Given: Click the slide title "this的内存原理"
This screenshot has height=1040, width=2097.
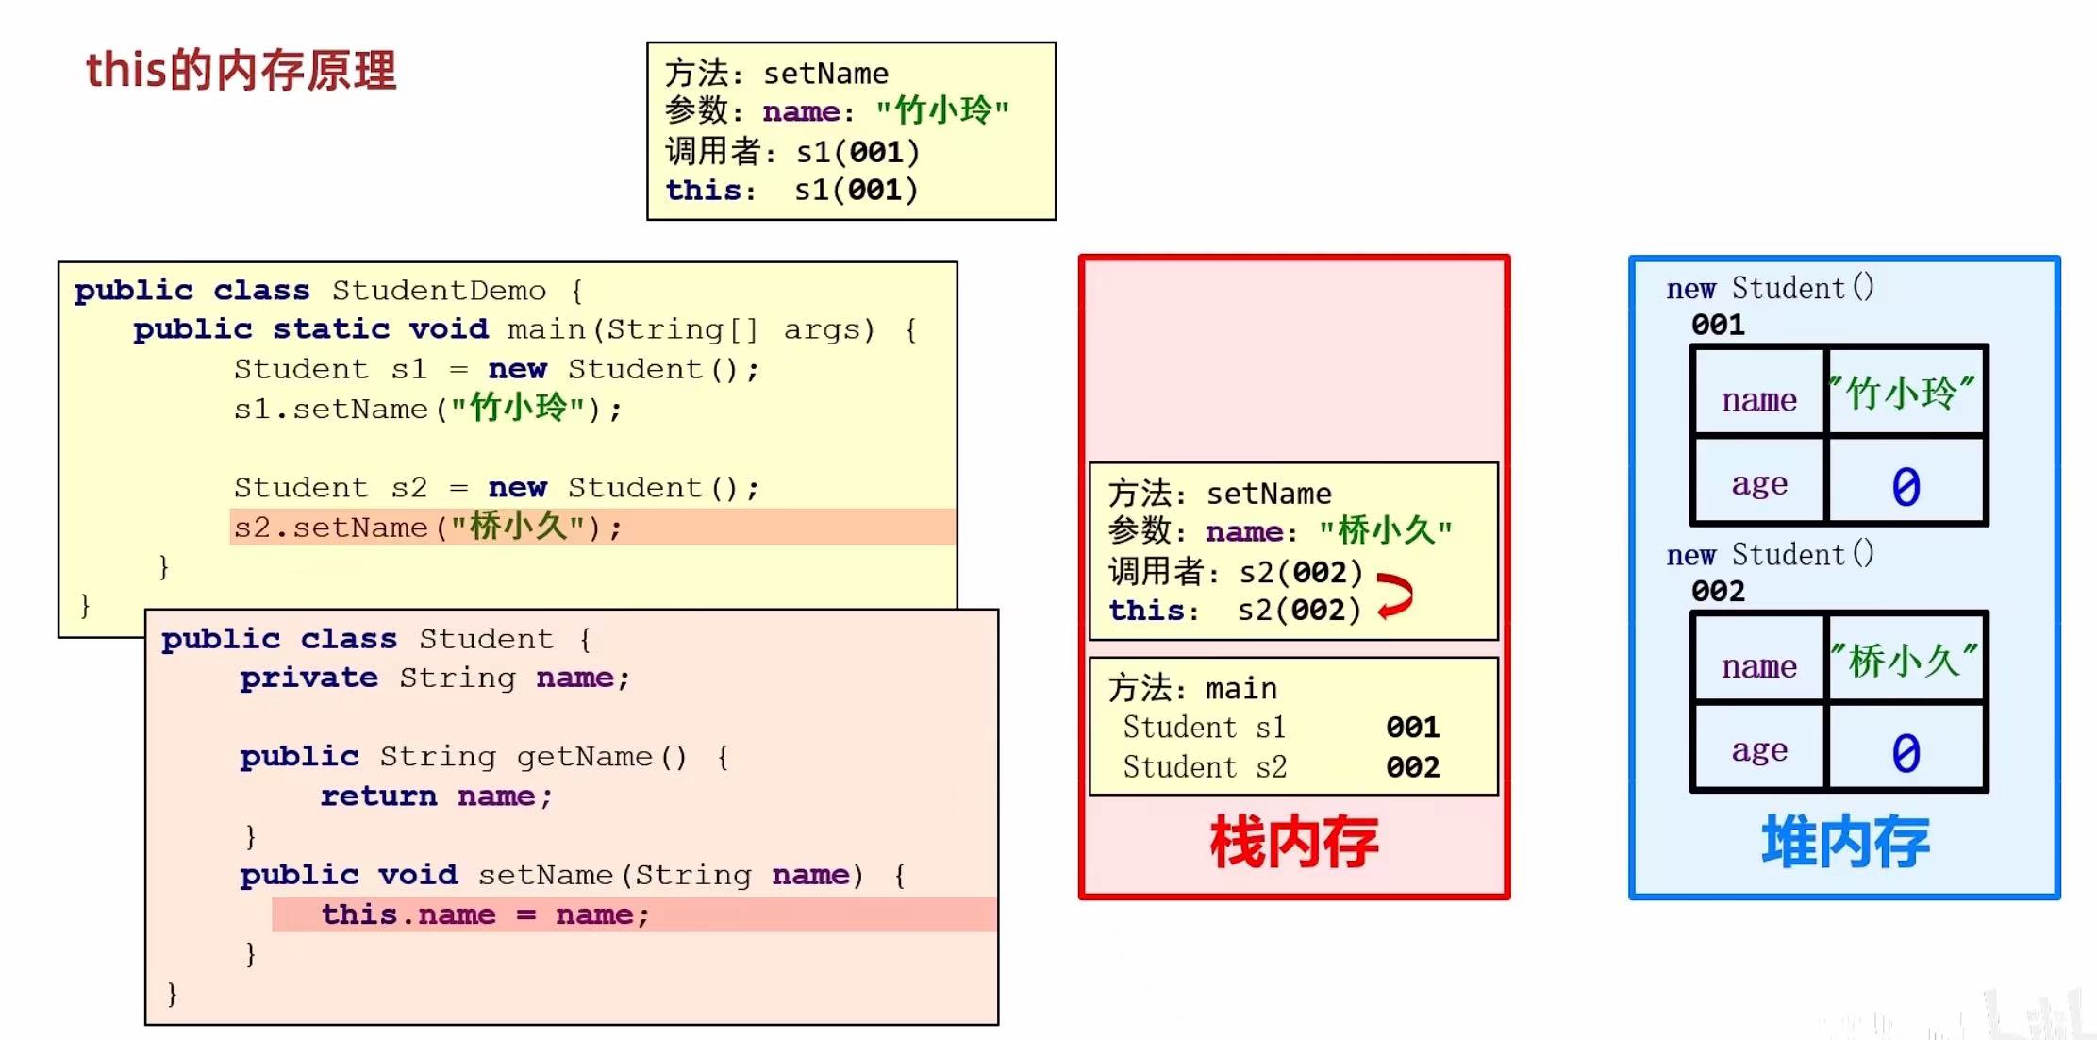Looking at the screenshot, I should [241, 71].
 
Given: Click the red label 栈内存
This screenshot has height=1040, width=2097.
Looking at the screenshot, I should [1293, 842].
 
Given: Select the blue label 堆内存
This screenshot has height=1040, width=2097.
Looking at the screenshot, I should [1844, 842].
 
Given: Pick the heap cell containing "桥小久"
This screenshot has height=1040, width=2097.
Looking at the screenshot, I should [1905, 660].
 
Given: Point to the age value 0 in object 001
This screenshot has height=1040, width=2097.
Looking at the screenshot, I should [1906, 486].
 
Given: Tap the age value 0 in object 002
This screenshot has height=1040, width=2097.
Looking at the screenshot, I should [1906, 752].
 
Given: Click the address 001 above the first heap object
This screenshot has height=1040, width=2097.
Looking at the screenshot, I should [1718, 325].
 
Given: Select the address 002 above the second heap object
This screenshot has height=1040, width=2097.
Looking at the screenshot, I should [1718, 591].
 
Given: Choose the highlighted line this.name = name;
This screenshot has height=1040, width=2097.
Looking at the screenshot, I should [485, 914].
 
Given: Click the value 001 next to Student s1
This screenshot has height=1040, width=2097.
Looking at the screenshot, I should [1412, 727].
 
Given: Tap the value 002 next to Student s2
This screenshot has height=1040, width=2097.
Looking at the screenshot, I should [1412, 766].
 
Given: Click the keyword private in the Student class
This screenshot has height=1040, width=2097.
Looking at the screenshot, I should [308, 678].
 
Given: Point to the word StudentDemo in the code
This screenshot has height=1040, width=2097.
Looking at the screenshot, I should [439, 290].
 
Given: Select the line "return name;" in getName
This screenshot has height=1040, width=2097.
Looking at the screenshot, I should [436, 797].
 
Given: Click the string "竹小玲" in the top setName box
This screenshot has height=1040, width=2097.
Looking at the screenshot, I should [942, 111].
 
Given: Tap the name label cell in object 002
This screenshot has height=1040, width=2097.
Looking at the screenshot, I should [1758, 666].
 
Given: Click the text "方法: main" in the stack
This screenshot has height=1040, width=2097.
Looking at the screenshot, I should [1192, 688].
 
